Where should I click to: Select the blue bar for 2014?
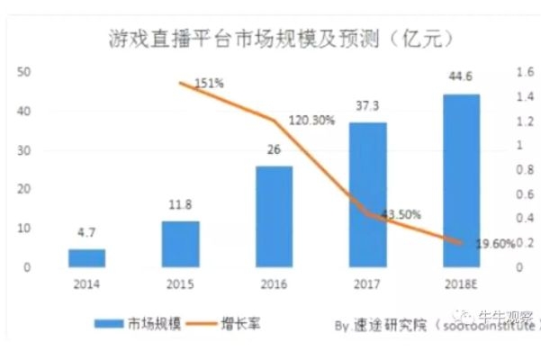86,258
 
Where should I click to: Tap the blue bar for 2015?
180,245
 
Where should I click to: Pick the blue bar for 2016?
274,217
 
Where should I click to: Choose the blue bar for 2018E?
461,180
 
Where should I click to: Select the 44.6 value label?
461,79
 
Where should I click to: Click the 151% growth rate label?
209,84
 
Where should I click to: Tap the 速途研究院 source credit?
383,321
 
